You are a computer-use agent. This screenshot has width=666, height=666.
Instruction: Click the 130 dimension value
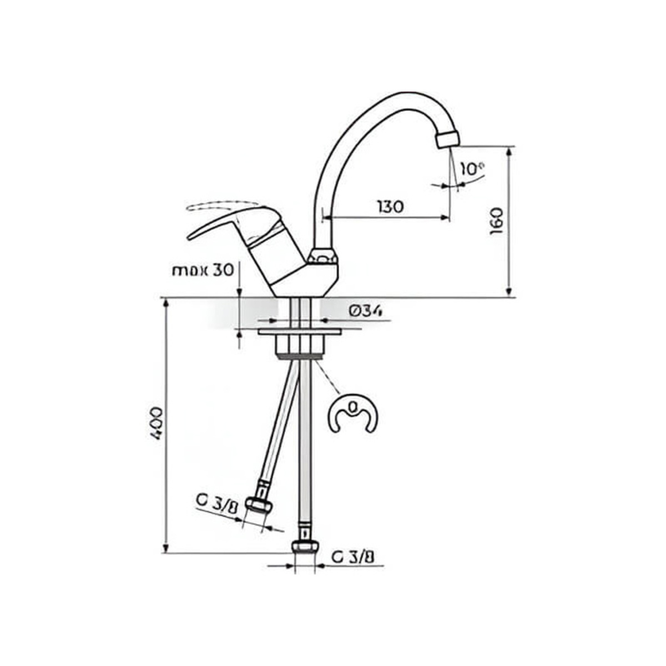(x=391, y=206)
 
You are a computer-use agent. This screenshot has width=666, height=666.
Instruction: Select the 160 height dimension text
(x=496, y=221)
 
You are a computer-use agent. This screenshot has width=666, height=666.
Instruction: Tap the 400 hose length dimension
(x=156, y=423)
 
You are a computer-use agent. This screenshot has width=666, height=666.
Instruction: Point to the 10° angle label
(x=472, y=169)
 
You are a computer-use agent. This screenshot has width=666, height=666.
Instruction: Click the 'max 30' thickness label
(x=203, y=271)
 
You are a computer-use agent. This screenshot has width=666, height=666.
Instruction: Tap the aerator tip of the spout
(x=448, y=139)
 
